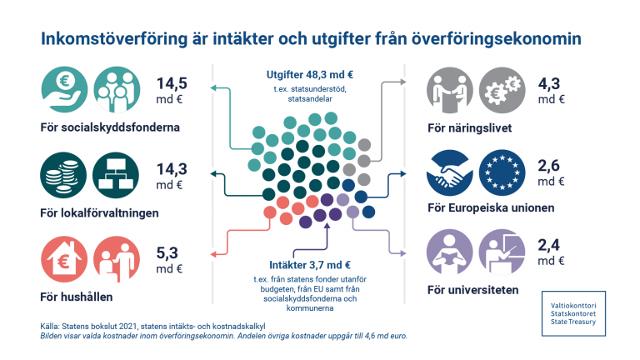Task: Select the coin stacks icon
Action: click(x=62, y=173)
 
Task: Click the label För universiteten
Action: click(x=472, y=290)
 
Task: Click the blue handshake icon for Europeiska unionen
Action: click(x=450, y=171)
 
